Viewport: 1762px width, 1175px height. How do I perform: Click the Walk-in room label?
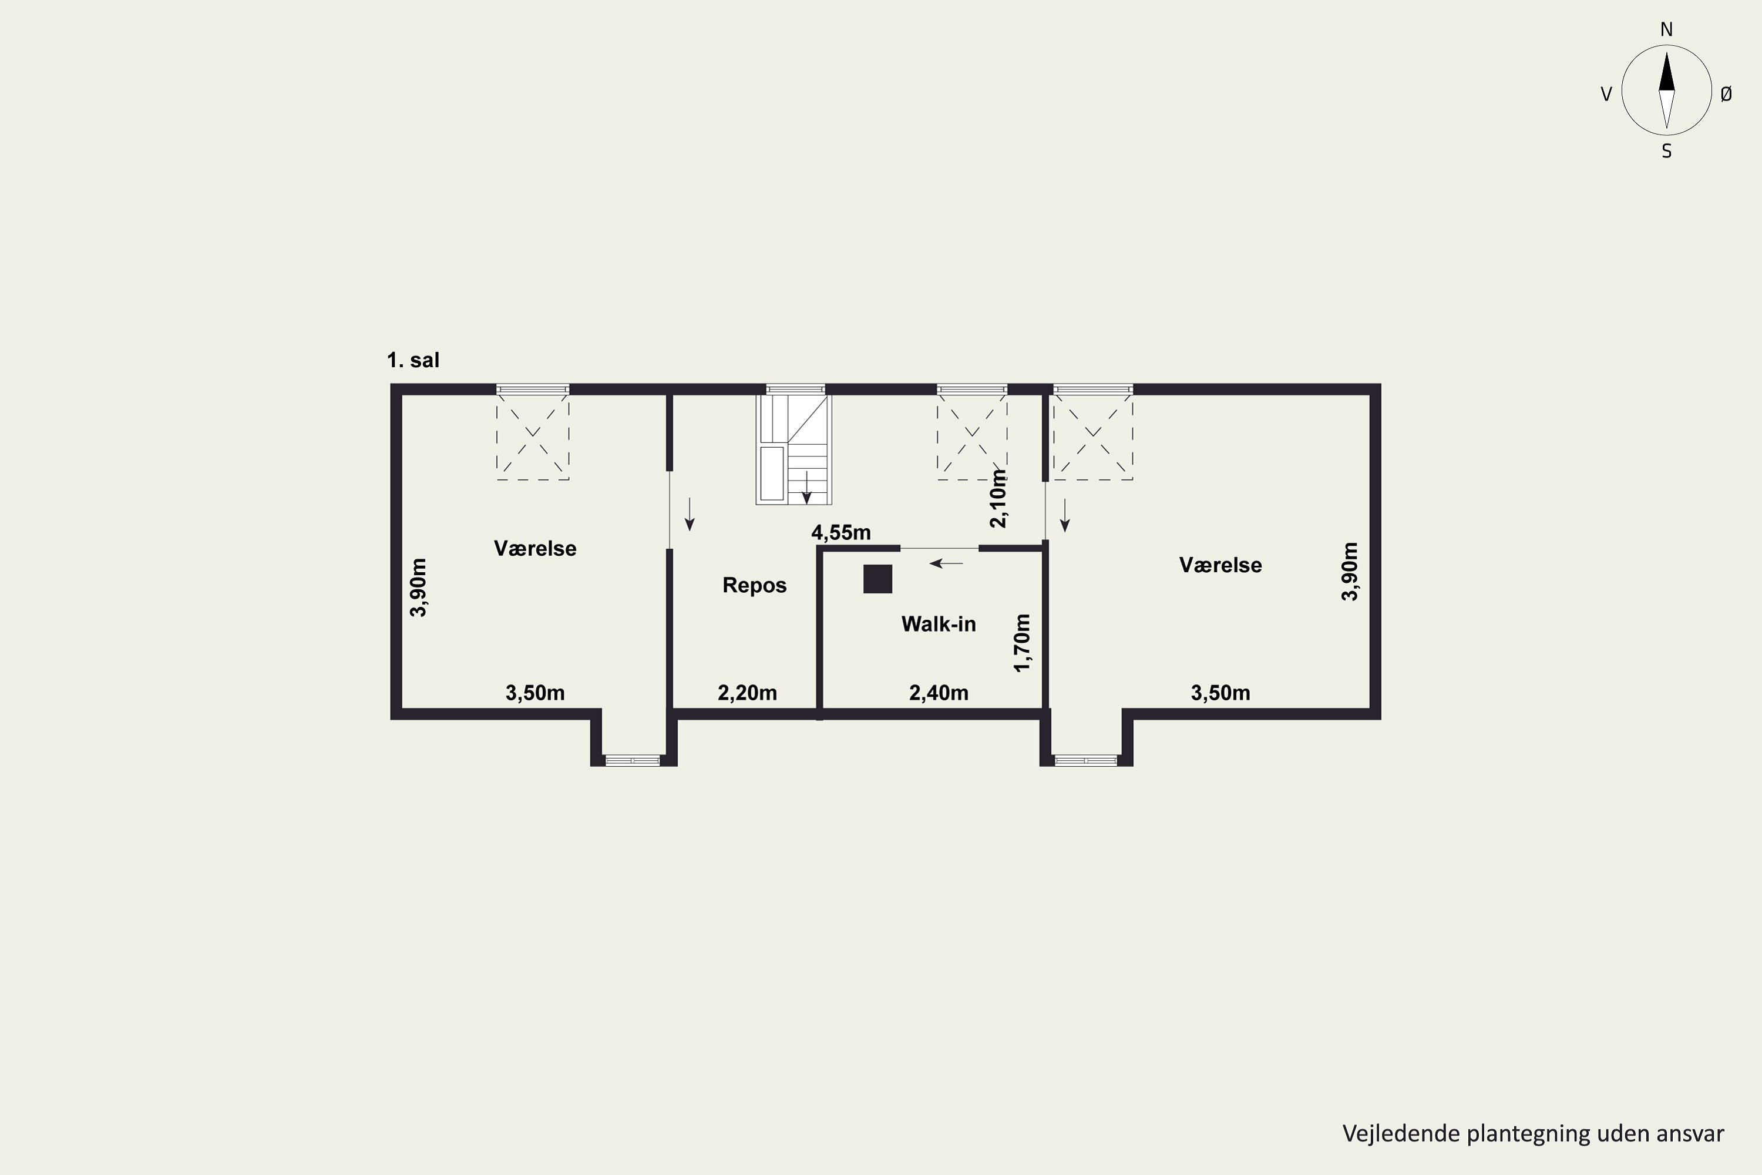point(938,623)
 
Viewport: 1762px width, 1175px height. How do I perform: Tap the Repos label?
point(754,585)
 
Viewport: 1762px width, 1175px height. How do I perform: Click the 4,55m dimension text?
point(840,533)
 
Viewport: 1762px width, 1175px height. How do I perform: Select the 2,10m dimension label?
point(998,498)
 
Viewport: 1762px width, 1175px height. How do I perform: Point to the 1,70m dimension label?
point(1022,643)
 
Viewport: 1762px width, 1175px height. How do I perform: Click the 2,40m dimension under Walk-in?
point(939,693)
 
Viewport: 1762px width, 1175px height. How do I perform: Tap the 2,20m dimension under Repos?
point(747,693)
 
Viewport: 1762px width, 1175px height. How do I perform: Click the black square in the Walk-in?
point(877,579)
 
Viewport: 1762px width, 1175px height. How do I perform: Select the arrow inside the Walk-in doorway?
point(946,563)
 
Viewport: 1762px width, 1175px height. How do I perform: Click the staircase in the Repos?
point(793,449)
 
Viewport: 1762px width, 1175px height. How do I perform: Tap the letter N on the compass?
point(1666,29)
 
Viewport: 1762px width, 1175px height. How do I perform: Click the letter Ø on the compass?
point(1726,93)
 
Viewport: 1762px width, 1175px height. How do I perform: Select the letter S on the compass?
point(1666,152)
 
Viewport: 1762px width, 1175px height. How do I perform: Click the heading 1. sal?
point(413,361)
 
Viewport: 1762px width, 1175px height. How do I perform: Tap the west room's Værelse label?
point(535,549)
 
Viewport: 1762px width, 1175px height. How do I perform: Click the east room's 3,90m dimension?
point(1349,571)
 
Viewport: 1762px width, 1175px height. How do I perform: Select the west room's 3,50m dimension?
point(535,693)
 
